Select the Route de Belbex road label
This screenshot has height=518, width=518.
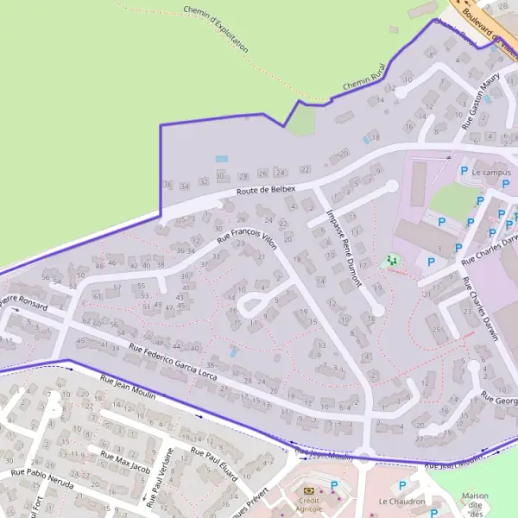[x=266, y=190]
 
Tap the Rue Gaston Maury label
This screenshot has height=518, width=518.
[x=481, y=102]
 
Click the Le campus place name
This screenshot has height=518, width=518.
[x=491, y=173]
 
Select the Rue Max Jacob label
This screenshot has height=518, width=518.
[x=126, y=463]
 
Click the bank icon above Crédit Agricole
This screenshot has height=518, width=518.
[x=308, y=490]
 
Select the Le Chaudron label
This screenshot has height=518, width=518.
[x=401, y=502]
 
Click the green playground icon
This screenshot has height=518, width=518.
[x=391, y=260]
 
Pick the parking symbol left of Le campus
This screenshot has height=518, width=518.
[x=464, y=172]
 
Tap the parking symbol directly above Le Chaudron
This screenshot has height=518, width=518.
[x=401, y=486]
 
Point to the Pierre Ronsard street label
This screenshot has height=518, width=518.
[x=24, y=303]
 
